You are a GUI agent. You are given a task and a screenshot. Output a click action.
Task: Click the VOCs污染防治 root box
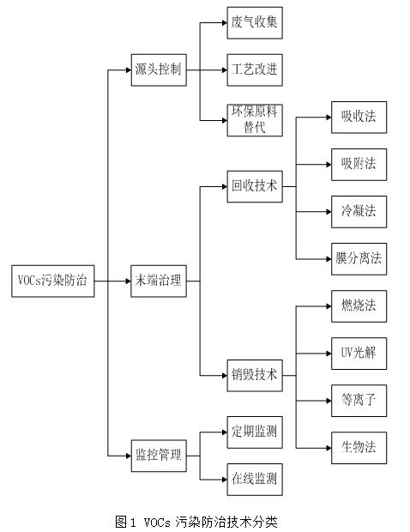[x=53, y=281]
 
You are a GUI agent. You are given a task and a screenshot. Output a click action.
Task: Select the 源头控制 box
[x=159, y=70]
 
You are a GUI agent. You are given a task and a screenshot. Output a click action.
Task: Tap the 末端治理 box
[x=159, y=281]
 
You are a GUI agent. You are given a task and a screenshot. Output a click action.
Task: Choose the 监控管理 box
[x=159, y=456]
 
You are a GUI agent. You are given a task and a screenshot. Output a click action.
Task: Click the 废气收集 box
[x=255, y=22]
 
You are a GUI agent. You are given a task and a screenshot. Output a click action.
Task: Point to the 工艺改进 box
[x=255, y=70]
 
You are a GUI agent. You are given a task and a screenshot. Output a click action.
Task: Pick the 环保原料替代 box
[x=255, y=120]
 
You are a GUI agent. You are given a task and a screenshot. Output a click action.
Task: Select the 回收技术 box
[x=255, y=186]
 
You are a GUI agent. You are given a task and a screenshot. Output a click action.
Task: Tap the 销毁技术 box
[x=255, y=376]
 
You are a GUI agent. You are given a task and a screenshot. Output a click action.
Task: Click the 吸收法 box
[x=359, y=117]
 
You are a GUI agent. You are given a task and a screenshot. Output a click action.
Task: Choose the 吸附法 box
[x=359, y=165]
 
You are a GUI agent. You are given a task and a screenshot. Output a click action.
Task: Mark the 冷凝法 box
[x=359, y=212]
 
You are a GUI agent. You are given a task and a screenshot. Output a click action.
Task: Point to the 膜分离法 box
[x=359, y=259]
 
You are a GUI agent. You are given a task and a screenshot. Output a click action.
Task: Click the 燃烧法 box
[x=359, y=306]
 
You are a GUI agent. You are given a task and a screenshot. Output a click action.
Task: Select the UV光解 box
[x=359, y=354]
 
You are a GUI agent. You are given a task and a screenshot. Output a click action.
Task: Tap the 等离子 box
[x=359, y=401]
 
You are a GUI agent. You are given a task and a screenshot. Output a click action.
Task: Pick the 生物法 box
[x=359, y=448]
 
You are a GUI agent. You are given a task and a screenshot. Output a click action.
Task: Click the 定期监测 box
[x=255, y=432]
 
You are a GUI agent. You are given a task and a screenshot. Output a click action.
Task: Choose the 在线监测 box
[x=255, y=480]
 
